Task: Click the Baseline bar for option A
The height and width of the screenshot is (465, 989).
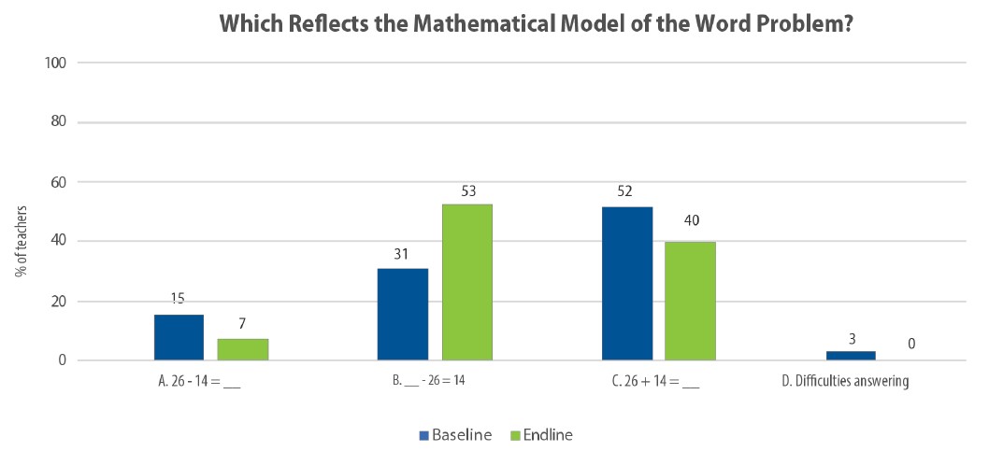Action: click(x=179, y=337)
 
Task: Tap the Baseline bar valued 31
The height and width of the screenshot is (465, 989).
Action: click(x=402, y=314)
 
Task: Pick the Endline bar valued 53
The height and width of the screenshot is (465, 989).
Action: click(x=466, y=282)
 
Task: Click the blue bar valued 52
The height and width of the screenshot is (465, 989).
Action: click(x=626, y=283)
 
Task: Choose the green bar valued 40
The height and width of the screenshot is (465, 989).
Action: click(x=691, y=301)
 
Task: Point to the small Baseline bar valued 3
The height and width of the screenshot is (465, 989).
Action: click(x=851, y=355)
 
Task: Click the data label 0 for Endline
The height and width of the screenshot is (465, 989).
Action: click(x=910, y=344)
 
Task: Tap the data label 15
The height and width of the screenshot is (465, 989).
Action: click(x=179, y=299)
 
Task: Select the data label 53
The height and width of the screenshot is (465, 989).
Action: click(x=467, y=190)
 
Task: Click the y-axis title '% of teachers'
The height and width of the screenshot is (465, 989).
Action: click(x=20, y=241)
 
